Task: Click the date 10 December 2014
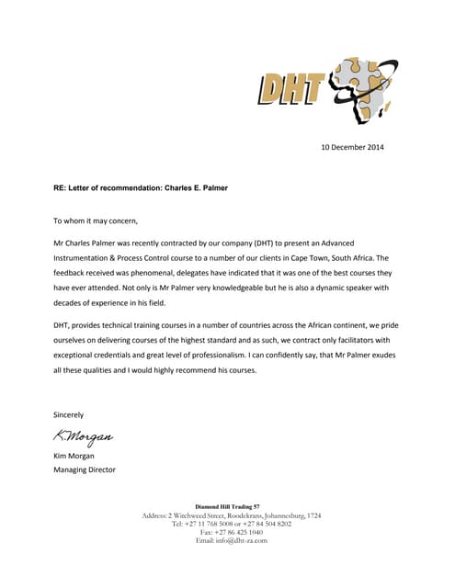(351, 147)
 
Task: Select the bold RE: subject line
(141, 188)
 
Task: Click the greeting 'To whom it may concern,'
(96, 221)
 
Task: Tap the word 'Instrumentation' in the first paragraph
(86, 259)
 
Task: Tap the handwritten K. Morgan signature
(84, 435)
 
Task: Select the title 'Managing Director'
(85, 469)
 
